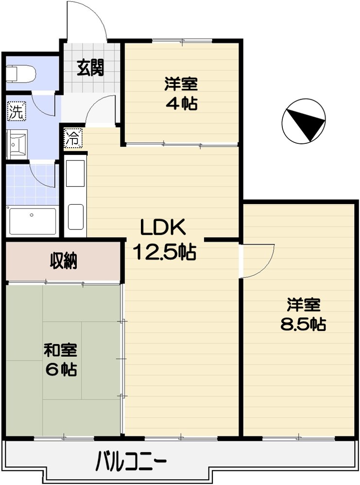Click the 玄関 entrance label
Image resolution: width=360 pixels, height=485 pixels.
click(90, 68)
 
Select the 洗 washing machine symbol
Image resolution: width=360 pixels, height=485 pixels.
click(16, 112)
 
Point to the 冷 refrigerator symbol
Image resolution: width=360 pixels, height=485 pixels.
click(71, 137)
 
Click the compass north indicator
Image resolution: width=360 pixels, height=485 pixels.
click(304, 121)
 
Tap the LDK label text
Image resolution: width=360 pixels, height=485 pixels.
click(163, 227)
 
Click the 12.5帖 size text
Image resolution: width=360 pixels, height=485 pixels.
click(165, 251)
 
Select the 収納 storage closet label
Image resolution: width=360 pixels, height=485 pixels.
click(63, 261)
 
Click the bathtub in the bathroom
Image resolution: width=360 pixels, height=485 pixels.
click(33, 221)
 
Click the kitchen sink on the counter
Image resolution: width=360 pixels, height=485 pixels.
click(75, 173)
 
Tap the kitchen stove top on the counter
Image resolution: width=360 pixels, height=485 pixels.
click(75, 216)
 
